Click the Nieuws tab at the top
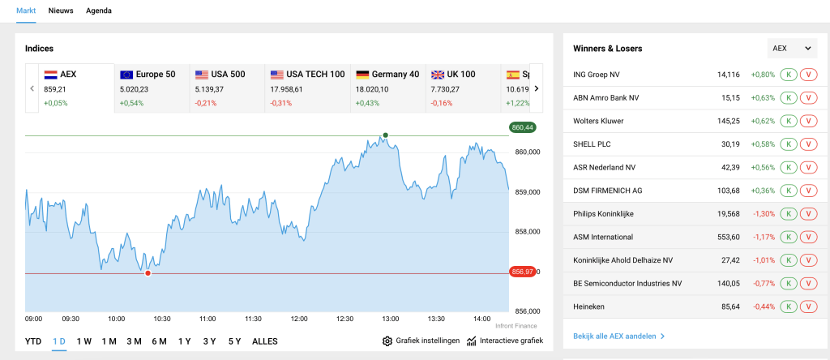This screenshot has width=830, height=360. point(61,11)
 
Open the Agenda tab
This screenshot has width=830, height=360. point(99,11)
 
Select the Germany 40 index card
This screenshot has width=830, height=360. point(387,88)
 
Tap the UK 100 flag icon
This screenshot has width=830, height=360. point(439,74)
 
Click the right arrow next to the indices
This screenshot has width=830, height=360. point(536,88)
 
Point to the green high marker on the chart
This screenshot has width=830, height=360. point(386,135)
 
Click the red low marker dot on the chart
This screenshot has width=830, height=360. point(148,273)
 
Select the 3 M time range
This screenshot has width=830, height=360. point(134,341)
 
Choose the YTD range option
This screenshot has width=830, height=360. point(33,341)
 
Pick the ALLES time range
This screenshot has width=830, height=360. point(265,341)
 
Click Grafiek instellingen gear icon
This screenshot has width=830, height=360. point(387,341)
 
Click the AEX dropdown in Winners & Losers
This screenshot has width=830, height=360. point(792,49)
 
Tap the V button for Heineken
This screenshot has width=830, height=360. point(808,306)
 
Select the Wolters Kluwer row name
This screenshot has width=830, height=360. point(598,121)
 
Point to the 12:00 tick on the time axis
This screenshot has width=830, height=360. point(300,319)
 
